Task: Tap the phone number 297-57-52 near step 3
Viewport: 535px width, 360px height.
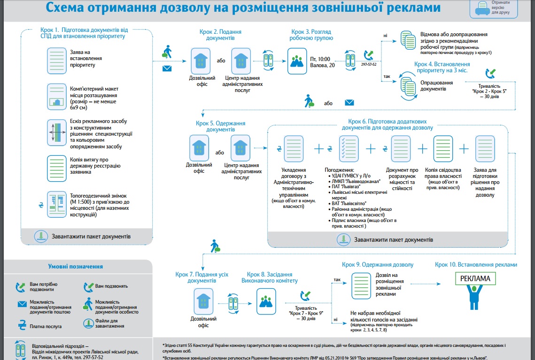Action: (369, 64)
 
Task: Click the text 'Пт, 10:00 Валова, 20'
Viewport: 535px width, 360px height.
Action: (322, 62)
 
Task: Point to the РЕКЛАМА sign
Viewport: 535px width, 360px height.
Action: (475, 278)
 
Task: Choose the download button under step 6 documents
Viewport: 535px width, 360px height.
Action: (344, 239)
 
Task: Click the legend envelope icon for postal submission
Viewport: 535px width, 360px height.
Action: (22, 304)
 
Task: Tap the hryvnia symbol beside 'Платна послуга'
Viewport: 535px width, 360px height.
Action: (22, 325)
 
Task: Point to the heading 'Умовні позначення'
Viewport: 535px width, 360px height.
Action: (76, 266)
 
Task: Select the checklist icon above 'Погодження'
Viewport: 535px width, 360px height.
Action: (349, 148)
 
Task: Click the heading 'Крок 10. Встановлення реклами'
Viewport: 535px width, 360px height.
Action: (476, 265)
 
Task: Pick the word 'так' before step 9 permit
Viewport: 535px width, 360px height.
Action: (337, 280)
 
